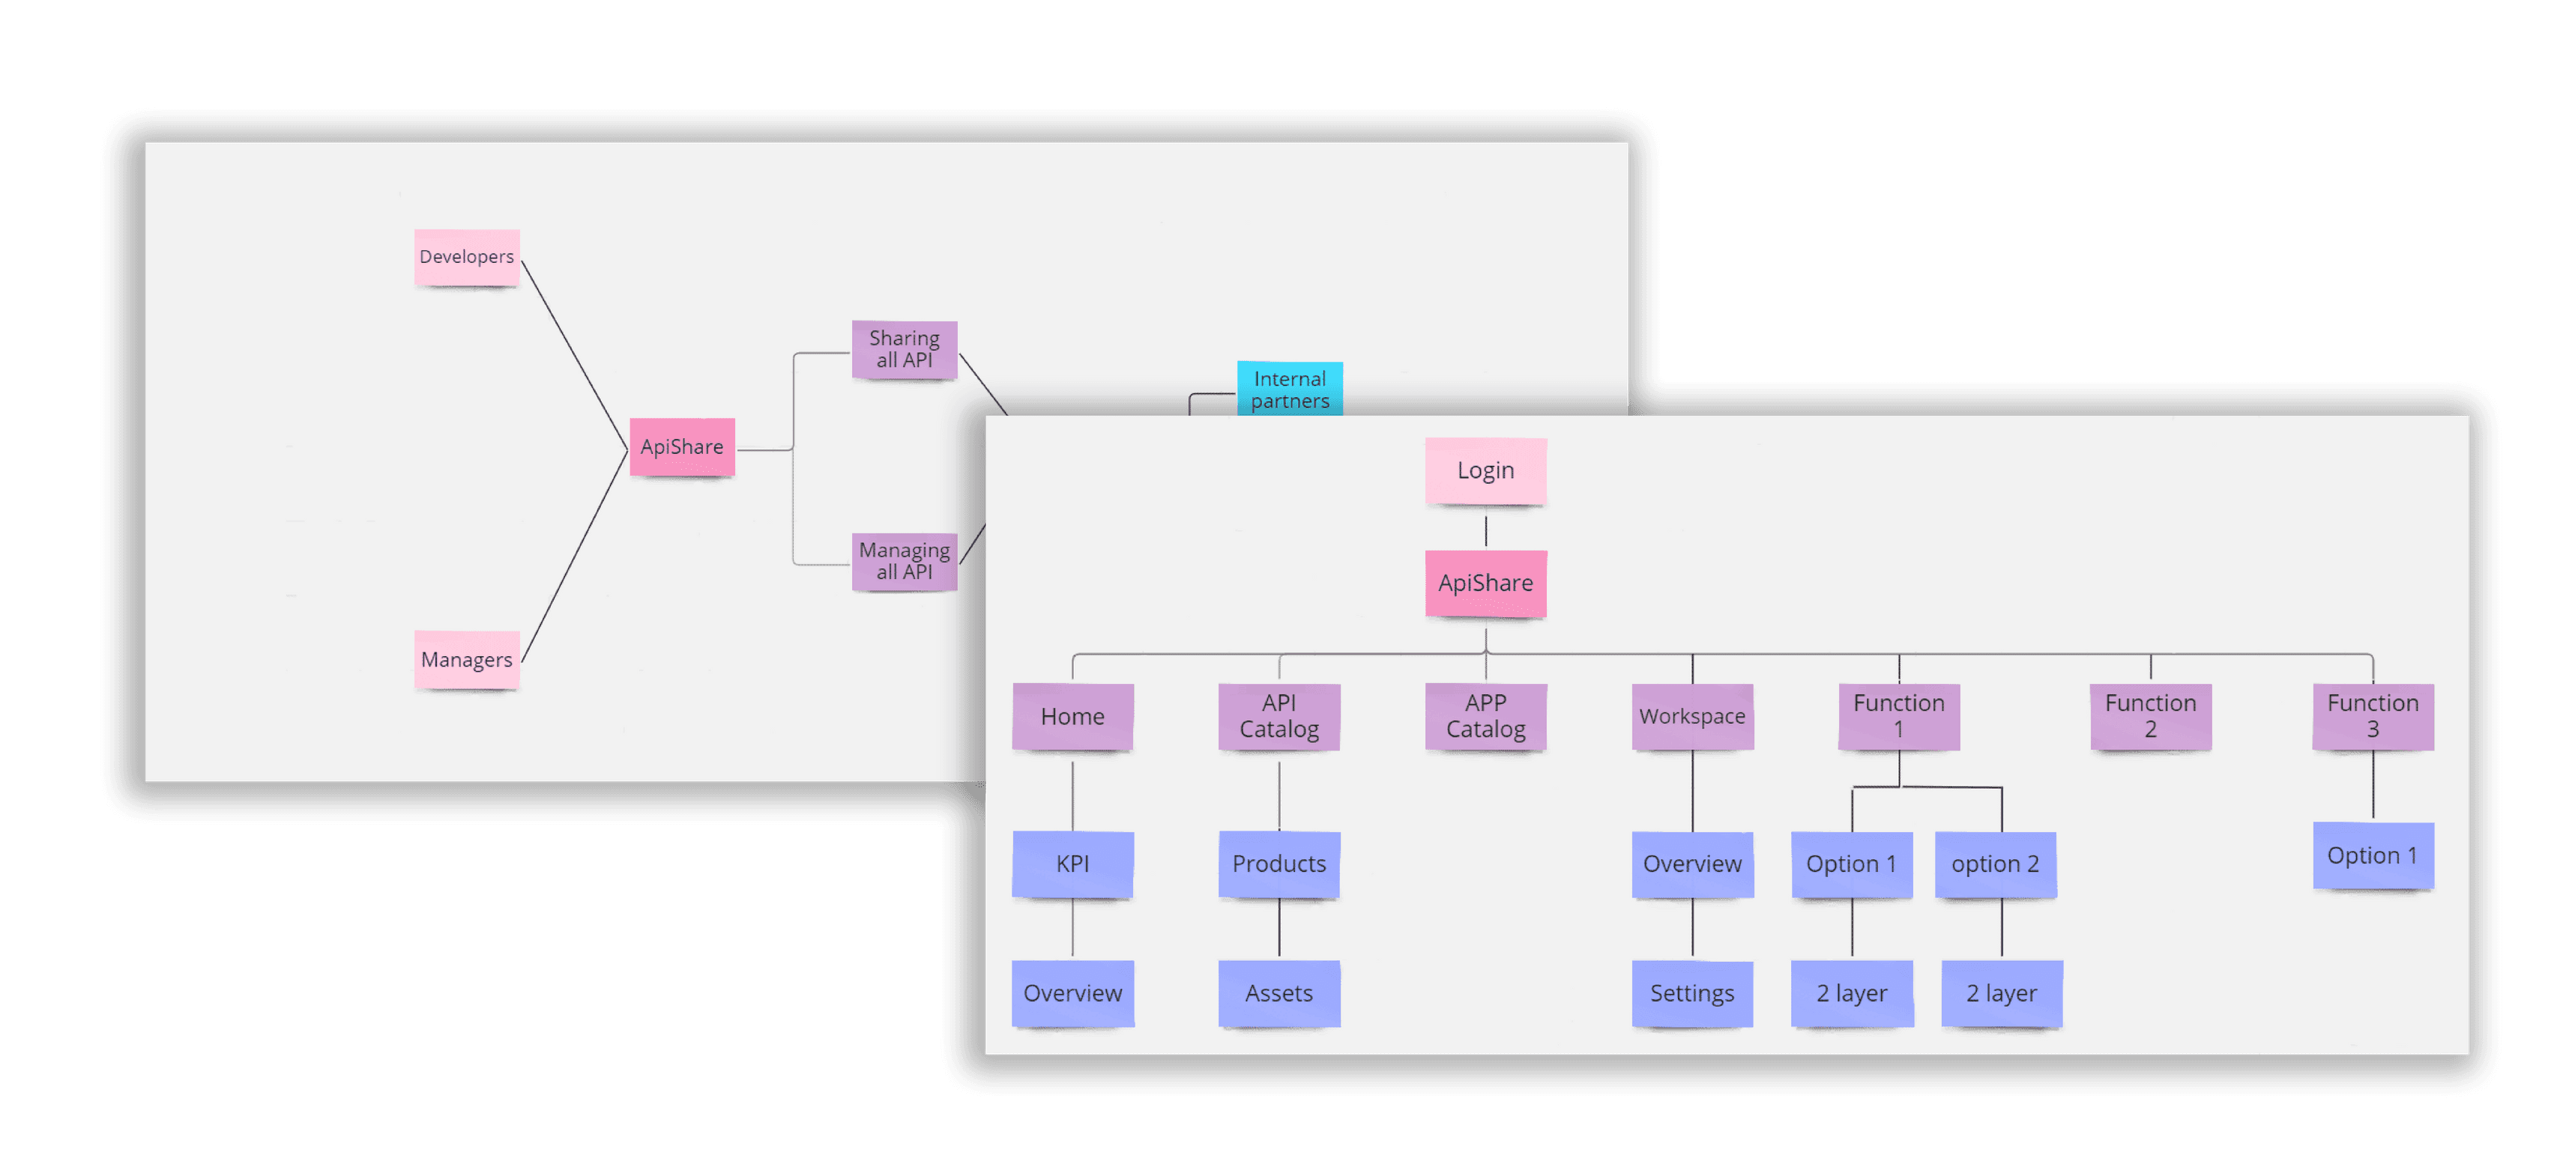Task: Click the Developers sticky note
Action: coord(467,257)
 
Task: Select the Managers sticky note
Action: coord(467,660)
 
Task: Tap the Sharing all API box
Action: coord(905,349)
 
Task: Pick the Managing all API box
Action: coord(905,562)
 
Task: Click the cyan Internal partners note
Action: coord(1290,389)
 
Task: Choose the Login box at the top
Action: coord(1485,470)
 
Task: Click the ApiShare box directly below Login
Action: coord(1485,583)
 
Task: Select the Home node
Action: coord(1072,717)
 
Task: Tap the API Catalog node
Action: coord(1278,717)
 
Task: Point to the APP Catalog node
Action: coord(1485,717)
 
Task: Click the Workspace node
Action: coord(1691,717)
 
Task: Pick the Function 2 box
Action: coord(2150,717)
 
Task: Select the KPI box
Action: coord(1072,864)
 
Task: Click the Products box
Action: coord(1278,864)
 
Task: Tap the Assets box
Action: coord(1278,993)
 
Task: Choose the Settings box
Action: coord(1691,993)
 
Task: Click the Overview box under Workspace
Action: coord(1691,864)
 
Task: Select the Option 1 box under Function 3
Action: coord(2373,855)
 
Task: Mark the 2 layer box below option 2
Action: coord(2001,993)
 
